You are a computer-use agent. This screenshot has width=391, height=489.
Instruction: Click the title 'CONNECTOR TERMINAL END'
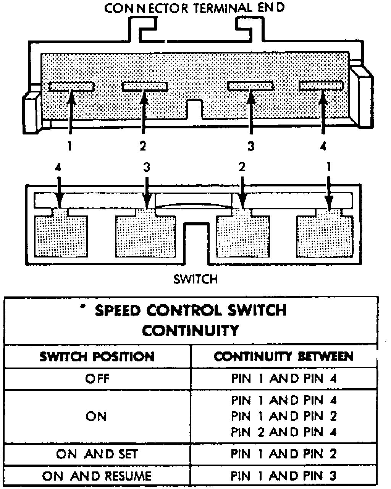pyautogui.click(x=195, y=8)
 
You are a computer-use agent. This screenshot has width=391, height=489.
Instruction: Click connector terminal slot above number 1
pyautogui.click(x=71, y=87)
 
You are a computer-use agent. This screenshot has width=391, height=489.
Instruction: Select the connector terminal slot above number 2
pyautogui.click(x=145, y=87)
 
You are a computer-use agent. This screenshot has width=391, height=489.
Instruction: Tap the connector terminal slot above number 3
pyautogui.click(x=250, y=86)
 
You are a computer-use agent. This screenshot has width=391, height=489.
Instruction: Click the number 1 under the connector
pyautogui.click(x=70, y=146)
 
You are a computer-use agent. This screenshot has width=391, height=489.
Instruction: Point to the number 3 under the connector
pyautogui.click(x=250, y=146)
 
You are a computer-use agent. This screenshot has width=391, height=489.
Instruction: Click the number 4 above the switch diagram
pyautogui.click(x=58, y=167)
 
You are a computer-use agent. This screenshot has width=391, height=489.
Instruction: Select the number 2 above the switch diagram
pyautogui.click(x=242, y=167)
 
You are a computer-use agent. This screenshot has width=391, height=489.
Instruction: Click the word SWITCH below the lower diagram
pyautogui.click(x=195, y=279)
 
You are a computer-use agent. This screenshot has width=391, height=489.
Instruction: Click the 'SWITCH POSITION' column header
pyautogui.click(x=97, y=357)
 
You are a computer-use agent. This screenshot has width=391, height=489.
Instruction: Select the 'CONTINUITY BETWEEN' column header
pyautogui.click(x=284, y=356)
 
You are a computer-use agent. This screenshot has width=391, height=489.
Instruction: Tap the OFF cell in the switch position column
pyautogui.click(x=97, y=379)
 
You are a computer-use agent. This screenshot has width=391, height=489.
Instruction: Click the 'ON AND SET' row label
pyautogui.click(x=97, y=454)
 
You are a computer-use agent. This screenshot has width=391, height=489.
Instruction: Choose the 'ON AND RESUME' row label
pyautogui.click(x=97, y=476)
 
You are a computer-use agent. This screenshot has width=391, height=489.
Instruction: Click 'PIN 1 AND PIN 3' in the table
pyautogui.click(x=284, y=476)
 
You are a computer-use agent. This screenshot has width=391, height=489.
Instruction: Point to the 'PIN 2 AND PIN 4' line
pyautogui.click(x=284, y=432)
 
